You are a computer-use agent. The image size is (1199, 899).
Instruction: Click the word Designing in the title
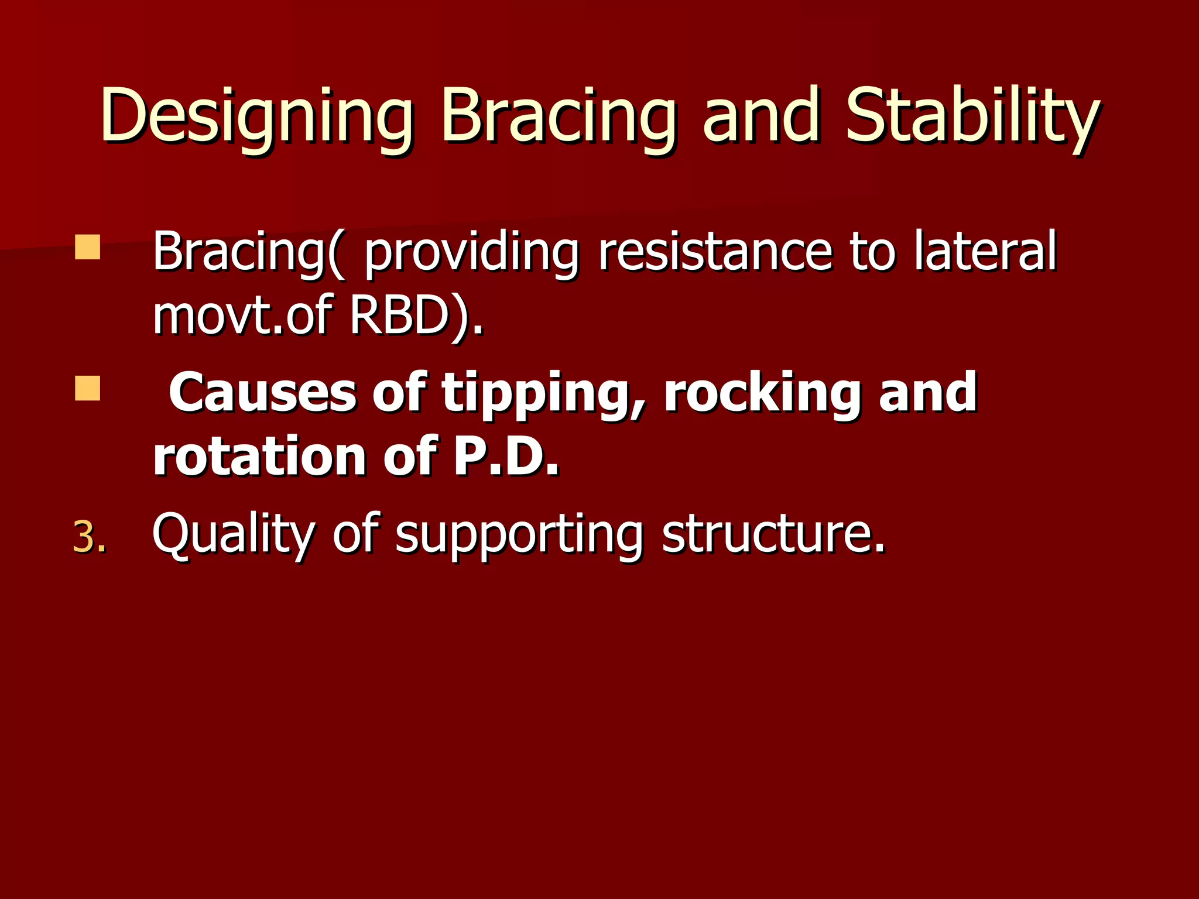coord(256,117)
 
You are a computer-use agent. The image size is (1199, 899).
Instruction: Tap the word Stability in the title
coord(972,117)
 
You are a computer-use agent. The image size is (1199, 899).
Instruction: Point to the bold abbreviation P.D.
coord(506,457)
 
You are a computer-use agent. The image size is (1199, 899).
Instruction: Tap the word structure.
coord(773,534)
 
